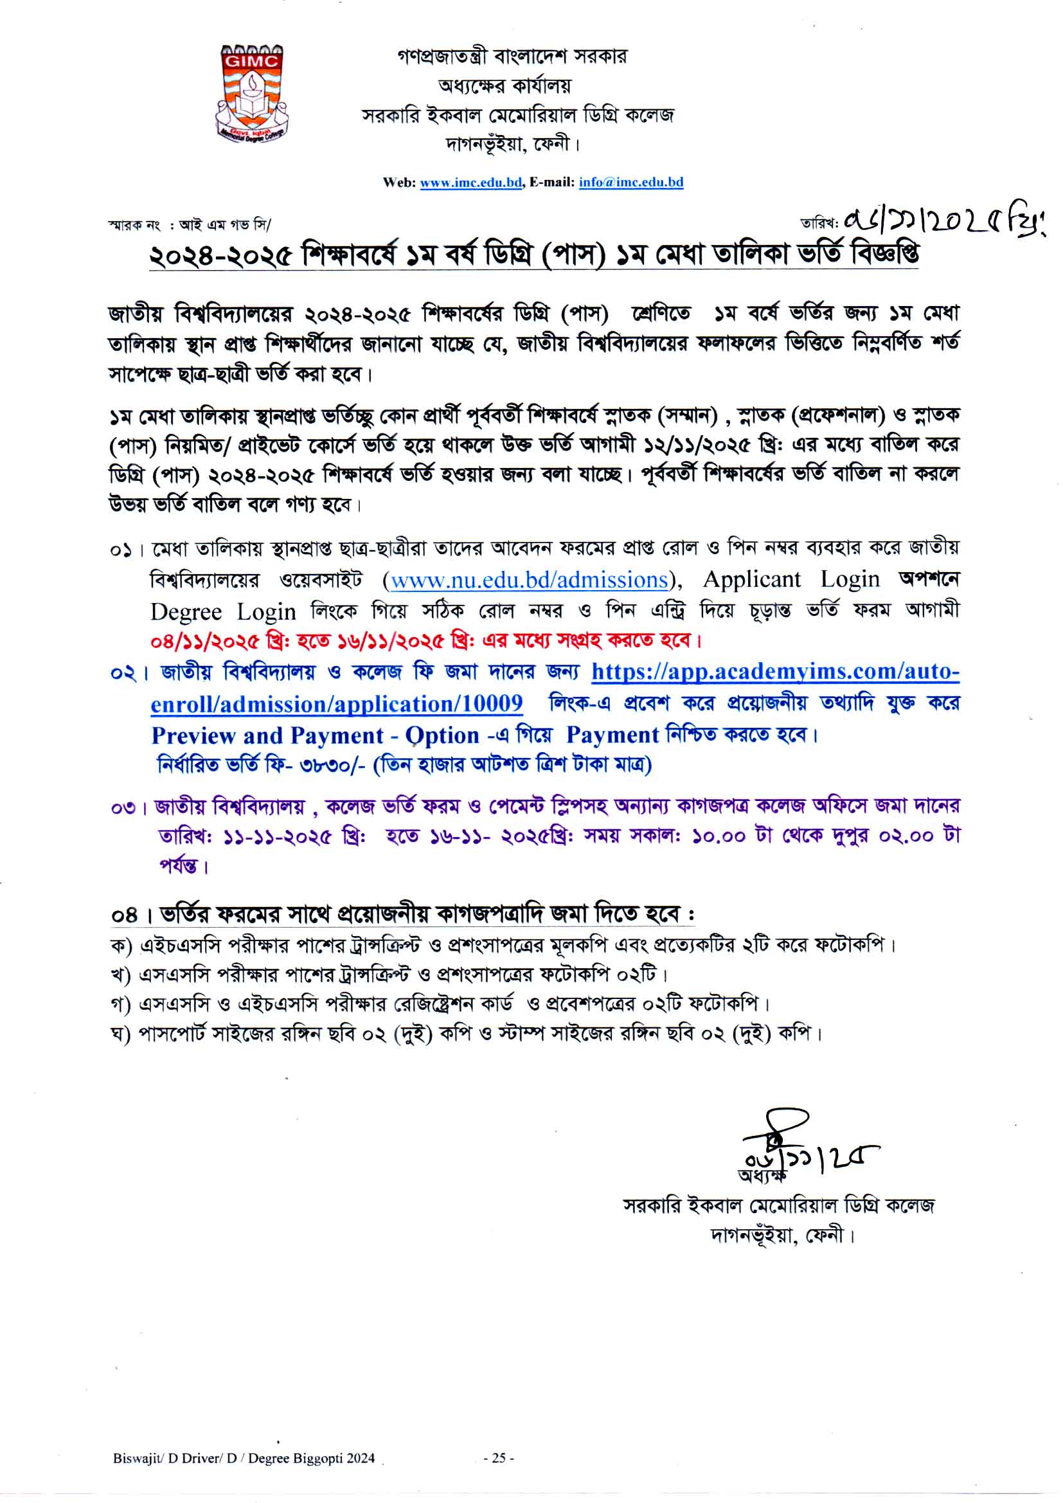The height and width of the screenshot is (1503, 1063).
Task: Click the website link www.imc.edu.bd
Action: point(470,183)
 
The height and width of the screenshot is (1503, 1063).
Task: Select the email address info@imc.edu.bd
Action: point(630,183)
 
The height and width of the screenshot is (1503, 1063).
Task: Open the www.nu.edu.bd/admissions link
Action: point(529,580)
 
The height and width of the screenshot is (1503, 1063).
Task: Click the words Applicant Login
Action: point(791,579)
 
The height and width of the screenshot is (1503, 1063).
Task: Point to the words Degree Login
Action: point(223,611)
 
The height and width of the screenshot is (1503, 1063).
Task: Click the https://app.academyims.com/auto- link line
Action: point(775,672)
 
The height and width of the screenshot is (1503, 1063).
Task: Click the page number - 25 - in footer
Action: point(499,1458)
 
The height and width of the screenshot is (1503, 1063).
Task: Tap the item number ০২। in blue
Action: point(130,672)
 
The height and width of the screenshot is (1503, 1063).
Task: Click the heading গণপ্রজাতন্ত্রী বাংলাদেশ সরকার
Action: point(512,57)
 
